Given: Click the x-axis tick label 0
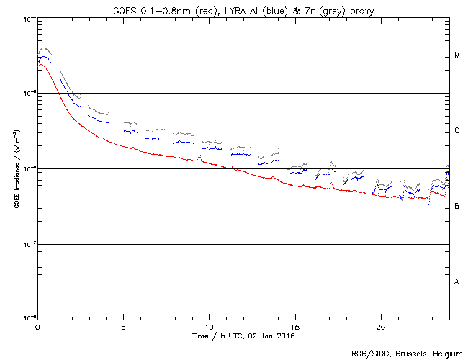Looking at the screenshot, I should coord(37,327).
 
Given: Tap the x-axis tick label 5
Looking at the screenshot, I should coord(123,327).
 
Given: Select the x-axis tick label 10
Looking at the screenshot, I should coord(209,327).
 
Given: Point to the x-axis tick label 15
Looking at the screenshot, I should coord(294,327).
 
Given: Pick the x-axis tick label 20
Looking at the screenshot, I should coord(380,327).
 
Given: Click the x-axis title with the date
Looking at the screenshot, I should coord(243,336).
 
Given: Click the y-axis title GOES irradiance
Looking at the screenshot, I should coord(16,170).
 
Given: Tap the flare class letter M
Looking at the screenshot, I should coord(457,55).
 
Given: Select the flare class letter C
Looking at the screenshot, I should coord(457,131).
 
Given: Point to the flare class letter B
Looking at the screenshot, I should coord(457,207).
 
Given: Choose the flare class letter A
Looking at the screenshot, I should coord(457,282).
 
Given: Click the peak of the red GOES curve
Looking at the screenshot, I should coord(41,65).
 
